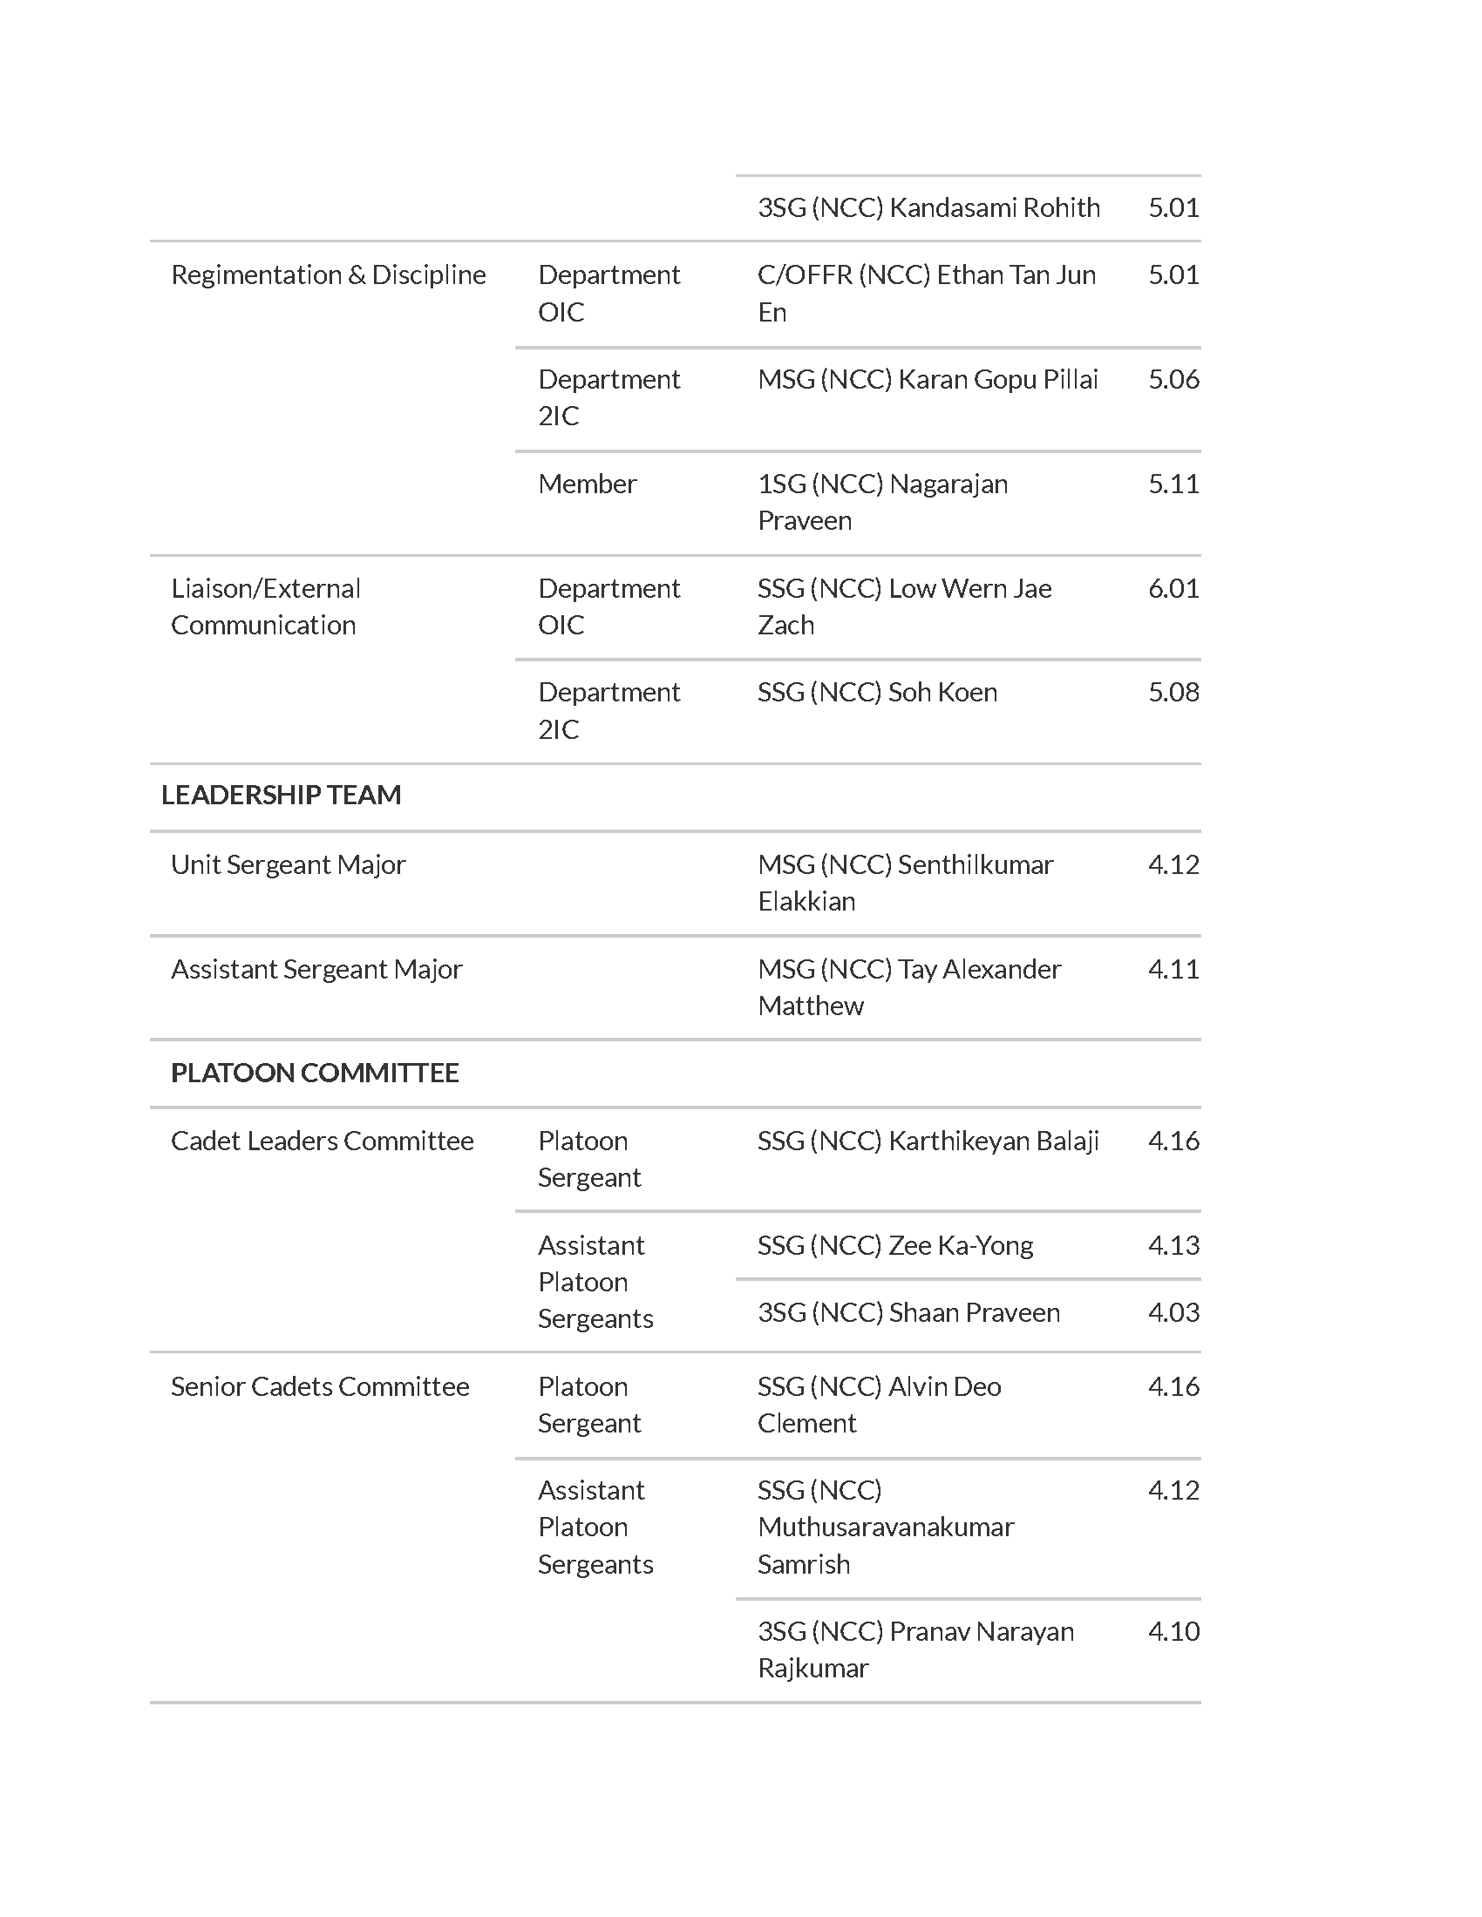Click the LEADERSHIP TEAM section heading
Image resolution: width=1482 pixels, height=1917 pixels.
281,796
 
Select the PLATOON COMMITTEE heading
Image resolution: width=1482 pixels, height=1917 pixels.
315,1073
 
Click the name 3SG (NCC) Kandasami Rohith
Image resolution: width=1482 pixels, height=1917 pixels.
928,208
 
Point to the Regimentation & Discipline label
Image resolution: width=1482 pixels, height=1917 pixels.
329,274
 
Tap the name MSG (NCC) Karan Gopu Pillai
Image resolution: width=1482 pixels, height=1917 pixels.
928,379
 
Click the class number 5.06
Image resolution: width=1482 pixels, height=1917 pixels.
1173,379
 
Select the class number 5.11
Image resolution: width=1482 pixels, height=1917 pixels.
1173,484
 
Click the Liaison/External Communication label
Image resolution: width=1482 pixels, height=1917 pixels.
265,606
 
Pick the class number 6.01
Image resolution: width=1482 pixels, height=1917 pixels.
1173,588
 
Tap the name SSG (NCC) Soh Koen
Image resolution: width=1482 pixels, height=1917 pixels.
877,693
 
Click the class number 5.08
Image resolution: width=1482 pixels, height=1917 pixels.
1173,693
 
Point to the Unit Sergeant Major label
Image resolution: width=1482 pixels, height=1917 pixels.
288,864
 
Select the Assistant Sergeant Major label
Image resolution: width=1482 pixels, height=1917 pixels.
316,969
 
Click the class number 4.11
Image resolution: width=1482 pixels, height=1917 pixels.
1173,969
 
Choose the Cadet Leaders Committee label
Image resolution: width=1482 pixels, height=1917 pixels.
323,1141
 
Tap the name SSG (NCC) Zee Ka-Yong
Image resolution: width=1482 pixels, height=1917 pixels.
894,1245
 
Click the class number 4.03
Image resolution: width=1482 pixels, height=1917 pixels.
1173,1312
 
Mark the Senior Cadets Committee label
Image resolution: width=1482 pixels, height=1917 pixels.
320,1387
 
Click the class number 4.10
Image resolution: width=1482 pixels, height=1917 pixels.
1173,1632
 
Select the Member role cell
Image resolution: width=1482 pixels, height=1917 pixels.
587,484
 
